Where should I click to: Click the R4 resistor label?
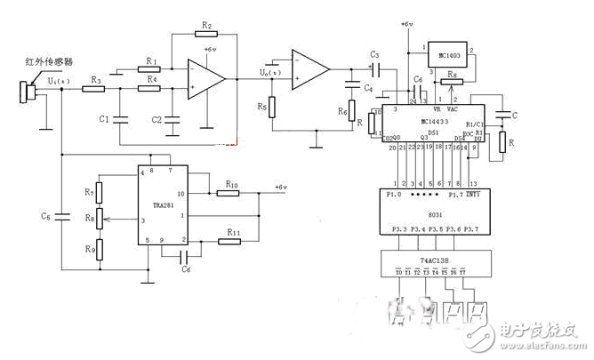(153, 80)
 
